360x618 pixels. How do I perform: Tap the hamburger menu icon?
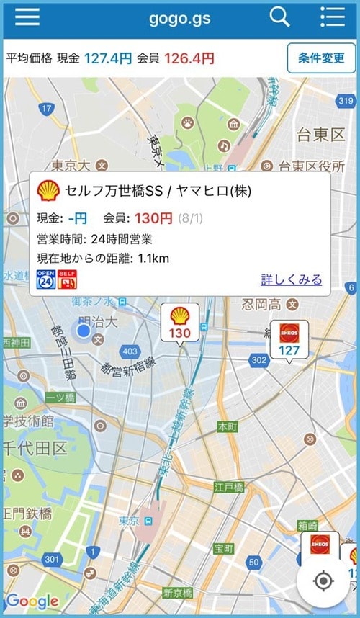point(27,17)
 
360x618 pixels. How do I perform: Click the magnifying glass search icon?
point(279,17)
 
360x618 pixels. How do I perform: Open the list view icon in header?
point(332,17)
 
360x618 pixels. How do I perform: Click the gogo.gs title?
point(179,18)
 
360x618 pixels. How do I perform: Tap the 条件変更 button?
point(321,58)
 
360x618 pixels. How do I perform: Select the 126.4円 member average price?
point(189,58)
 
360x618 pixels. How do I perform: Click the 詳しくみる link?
point(291,279)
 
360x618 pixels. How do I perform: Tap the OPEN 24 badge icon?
point(46,279)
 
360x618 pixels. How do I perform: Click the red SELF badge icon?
point(67,279)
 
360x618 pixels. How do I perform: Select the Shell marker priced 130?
point(179,323)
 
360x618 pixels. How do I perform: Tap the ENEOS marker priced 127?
point(289,340)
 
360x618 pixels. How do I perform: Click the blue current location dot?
point(84,331)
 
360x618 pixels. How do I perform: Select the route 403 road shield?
point(130,351)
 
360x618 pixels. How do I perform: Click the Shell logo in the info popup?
point(48,191)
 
